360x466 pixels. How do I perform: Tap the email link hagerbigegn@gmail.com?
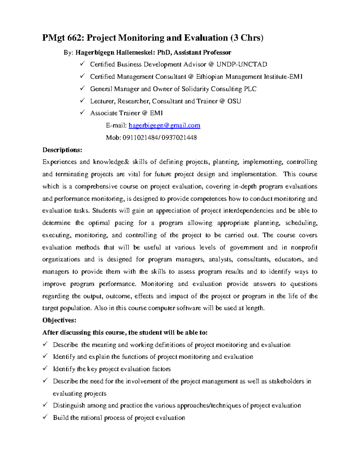click(164, 125)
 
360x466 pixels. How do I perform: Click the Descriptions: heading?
click(62, 150)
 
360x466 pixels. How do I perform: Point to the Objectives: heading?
click(59, 320)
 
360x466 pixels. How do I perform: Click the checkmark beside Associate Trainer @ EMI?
click(82, 113)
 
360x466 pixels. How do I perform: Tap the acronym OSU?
click(234, 101)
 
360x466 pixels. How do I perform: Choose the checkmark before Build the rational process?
click(45, 417)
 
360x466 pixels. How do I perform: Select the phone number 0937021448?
click(179, 138)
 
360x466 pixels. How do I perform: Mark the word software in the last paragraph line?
click(189, 308)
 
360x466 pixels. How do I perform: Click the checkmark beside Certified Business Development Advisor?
click(82, 64)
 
